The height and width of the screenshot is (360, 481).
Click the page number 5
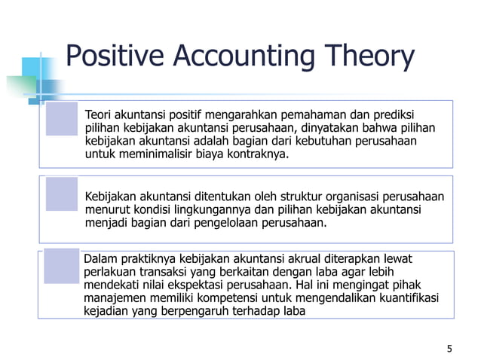[x=449, y=348]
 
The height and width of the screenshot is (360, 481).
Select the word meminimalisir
[x=145, y=154]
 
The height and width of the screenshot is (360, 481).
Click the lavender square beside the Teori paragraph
[x=62, y=119]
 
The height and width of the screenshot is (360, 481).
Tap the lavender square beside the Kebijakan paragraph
[x=62, y=194]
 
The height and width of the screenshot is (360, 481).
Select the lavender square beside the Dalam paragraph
[x=62, y=267]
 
